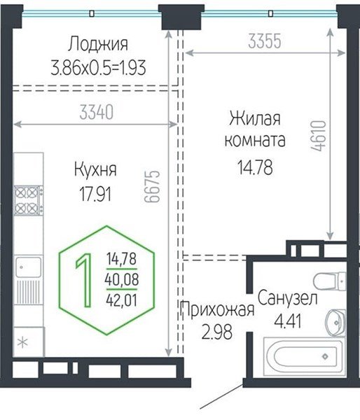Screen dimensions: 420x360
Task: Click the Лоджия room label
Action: pos(98,45)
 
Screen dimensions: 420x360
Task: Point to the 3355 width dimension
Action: pos(265,42)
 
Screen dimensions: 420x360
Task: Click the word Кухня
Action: pos(95,169)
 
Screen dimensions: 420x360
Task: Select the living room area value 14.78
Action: pos(254,167)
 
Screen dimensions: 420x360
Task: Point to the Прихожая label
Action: pos(216,310)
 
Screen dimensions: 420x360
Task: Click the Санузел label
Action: pos(288,300)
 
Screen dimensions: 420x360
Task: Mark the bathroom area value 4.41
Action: pos(282,323)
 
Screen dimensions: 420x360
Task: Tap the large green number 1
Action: pos(84,280)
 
